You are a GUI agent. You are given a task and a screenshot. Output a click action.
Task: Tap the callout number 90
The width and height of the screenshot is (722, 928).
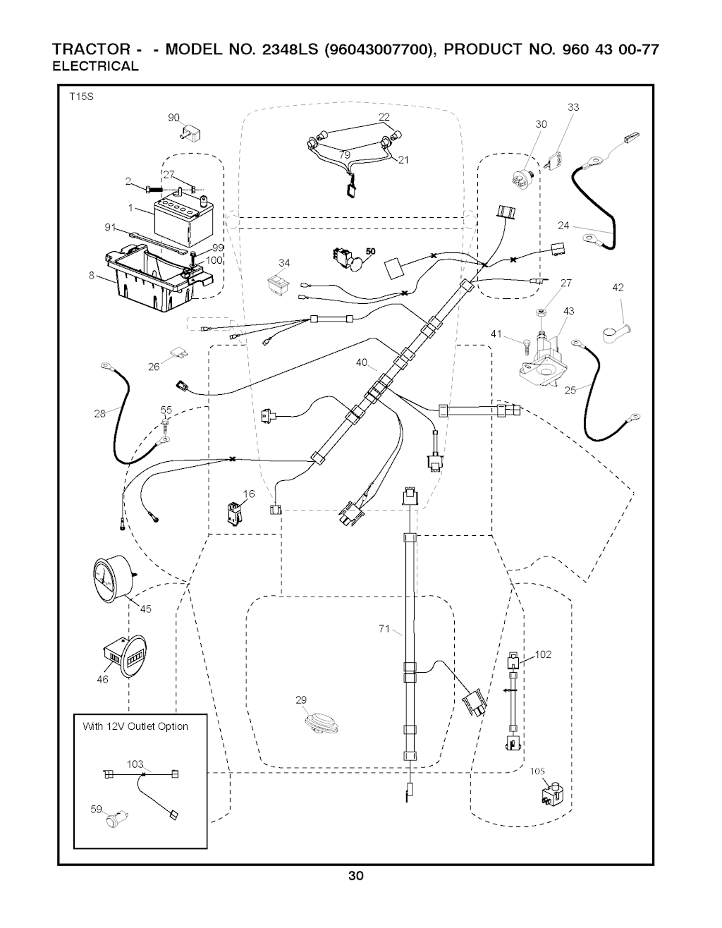(174, 118)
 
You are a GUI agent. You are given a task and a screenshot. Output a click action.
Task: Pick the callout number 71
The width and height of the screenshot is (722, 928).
(384, 628)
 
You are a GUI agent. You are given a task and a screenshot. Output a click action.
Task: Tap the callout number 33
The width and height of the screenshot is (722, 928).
(573, 107)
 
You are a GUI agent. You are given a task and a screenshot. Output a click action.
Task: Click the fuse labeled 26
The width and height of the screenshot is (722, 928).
(177, 353)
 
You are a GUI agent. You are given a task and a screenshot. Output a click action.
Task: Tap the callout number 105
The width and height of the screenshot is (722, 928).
(538, 771)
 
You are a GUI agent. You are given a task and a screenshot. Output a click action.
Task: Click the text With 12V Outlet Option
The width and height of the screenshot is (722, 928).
(135, 726)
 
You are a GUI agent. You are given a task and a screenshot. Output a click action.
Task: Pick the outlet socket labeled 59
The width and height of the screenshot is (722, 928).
(113, 819)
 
